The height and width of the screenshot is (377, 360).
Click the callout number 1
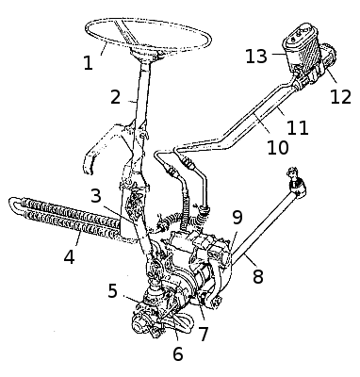pos(89,63)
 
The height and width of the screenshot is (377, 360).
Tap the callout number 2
pos(115,97)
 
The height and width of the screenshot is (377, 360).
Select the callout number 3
pos(96,196)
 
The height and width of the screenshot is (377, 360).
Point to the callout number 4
pos(69,256)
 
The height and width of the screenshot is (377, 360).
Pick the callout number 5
pos(112,290)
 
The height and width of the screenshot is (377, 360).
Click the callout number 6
pos(178,353)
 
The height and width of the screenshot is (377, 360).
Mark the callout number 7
pos(204,334)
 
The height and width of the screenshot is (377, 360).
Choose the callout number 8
pos(258,276)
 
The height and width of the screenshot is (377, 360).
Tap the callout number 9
pos(237,218)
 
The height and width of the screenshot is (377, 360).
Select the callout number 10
pos(278,147)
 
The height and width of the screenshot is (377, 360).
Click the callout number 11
pos(298,127)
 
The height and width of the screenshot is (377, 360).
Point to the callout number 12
pos(340,97)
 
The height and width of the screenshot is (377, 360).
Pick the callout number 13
pos(256,57)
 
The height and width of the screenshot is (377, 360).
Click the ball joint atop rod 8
pos(296,182)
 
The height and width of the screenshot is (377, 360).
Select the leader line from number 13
pos(279,55)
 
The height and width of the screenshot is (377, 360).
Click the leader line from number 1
pos(105,49)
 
